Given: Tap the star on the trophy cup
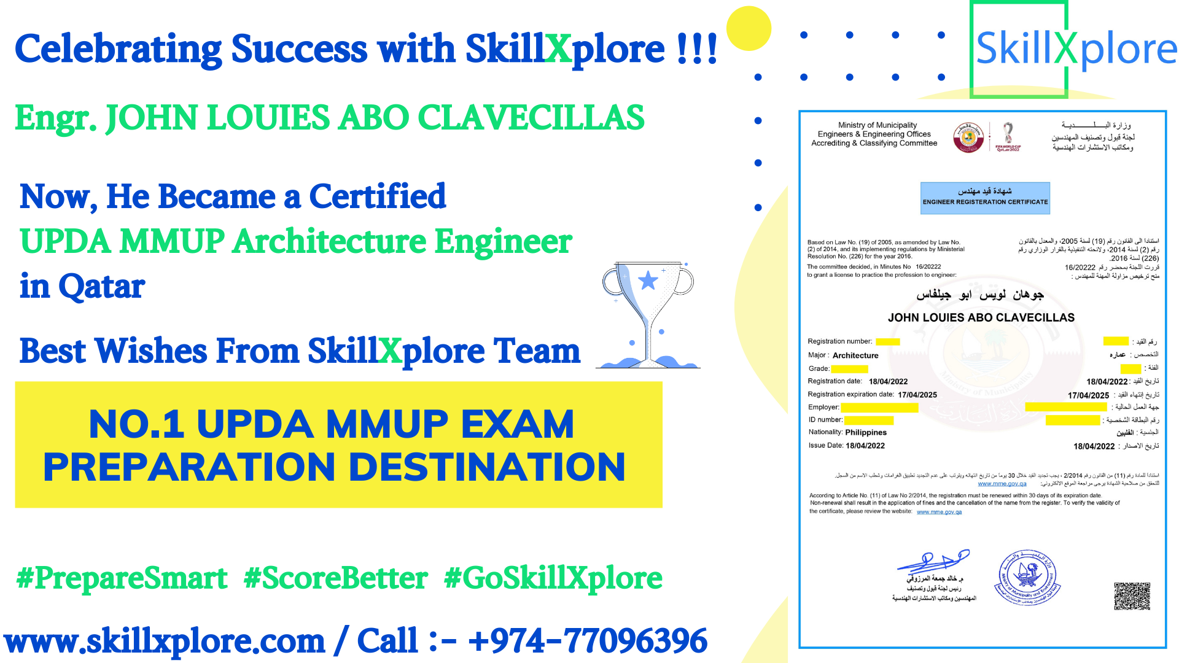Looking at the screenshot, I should click(x=648, y=281).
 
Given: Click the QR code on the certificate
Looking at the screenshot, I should click(x=1132, y=596).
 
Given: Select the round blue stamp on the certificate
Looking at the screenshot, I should click(x=1027, y=578).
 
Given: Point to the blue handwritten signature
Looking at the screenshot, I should click(x=933, y=560).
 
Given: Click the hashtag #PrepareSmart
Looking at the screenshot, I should click(x=122, y=578).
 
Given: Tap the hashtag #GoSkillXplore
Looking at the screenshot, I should click(x=553, y=578).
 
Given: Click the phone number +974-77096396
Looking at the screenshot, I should click(x=588, y=641).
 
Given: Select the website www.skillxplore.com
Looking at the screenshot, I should click(x=165, y=641).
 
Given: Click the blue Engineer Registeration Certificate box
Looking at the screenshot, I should click(x=985, y=198).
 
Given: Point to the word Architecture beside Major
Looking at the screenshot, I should click(x=855, y=355).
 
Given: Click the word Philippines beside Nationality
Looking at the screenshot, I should click(x=866, y=432).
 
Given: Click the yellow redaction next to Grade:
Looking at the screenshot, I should click(x=849, y=369).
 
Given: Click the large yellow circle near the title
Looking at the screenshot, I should click(x=749, y=28).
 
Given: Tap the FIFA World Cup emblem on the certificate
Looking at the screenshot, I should click(x=1008, y=136).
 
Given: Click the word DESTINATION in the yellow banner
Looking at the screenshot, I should click(x=487, y=467).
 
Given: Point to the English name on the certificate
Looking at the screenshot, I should click(x=981, y=317).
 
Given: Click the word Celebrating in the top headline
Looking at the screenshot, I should click(x=118, y=49).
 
